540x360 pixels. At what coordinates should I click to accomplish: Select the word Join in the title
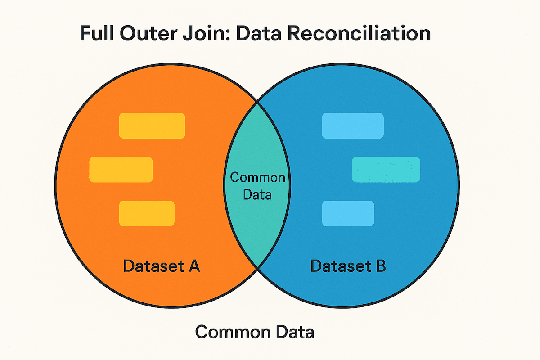tap(207, 35)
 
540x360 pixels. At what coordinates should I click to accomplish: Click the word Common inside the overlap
tap(257, 177)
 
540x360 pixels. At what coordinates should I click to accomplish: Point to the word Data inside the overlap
tap(257, 194)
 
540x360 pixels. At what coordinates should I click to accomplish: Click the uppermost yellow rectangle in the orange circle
tap(152, 126)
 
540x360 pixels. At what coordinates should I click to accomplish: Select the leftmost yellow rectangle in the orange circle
tap(121, 170)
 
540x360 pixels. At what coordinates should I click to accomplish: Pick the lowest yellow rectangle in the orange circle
tap(146, 213)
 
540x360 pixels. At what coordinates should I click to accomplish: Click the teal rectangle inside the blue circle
tap(386, 170)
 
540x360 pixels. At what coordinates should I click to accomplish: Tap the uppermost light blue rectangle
tap(353, 126)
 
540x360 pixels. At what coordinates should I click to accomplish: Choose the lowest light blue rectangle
tap(348, 213)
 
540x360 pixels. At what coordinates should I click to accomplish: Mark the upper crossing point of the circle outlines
tap(257, 102)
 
